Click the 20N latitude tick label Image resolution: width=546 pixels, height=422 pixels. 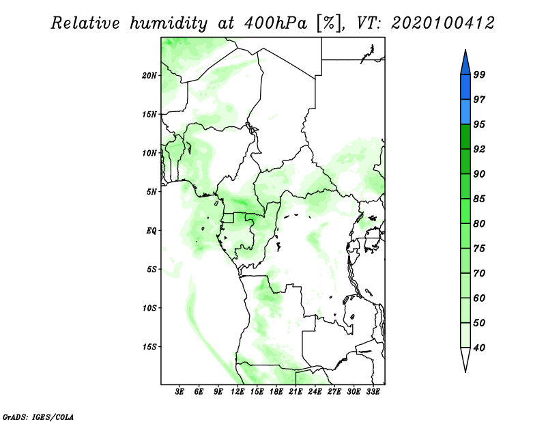click(x=149, y=75)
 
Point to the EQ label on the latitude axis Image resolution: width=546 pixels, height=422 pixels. click(x=152, y=230)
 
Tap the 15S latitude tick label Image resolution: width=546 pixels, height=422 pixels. click(x=149, y=346)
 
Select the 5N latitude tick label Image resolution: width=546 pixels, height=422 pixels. click(x=152, y=191)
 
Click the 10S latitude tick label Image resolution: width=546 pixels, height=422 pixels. click(x=149, y=307)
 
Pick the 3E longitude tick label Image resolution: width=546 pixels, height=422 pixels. click(x=180, y=393)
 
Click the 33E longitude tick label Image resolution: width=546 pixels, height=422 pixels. click(x=373, y=393)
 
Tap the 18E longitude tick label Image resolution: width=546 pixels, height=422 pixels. click(x=276, y=393)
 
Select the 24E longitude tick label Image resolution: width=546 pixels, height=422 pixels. click(x=315, y=393)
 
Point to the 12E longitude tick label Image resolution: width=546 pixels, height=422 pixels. click(x=238, y=393)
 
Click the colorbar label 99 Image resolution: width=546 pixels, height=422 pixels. click(x=479, y=74)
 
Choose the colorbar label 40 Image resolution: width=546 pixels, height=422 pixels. click(x=479, y=348)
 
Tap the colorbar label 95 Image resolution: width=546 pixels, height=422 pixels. click(x=479, y=124)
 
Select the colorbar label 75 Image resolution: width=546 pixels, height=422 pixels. click(x=479, y=249)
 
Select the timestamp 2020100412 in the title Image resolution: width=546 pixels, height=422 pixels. click(x=442, y=23)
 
